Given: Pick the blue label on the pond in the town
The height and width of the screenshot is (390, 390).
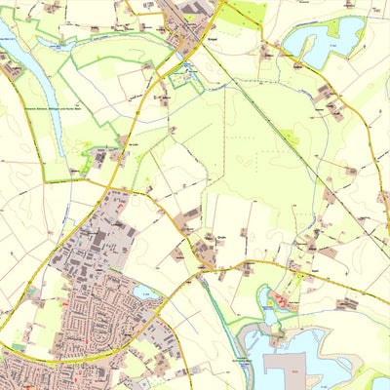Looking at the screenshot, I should click(146, 283).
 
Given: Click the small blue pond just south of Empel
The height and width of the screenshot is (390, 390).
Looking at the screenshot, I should click(183, 69).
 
